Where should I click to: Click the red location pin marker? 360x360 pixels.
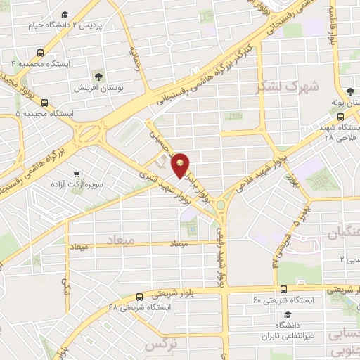[x=181, y=165]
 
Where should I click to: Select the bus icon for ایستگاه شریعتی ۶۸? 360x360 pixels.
[x=140, y=297]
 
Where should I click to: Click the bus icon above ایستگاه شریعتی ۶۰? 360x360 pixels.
[x=283, y=289]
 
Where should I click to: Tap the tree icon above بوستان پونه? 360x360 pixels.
[x=349, y=91]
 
